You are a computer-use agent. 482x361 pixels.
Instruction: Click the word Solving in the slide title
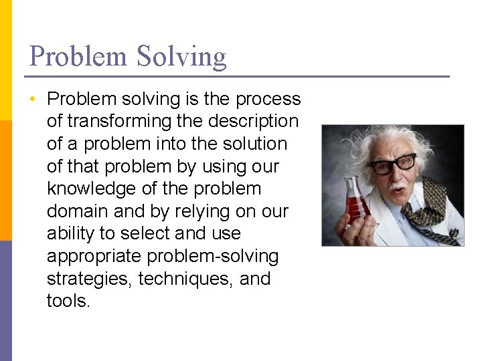click(181, 57)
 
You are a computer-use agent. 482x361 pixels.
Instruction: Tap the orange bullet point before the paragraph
click(31, 100)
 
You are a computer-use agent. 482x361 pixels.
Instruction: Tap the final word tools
click(68, 301)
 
